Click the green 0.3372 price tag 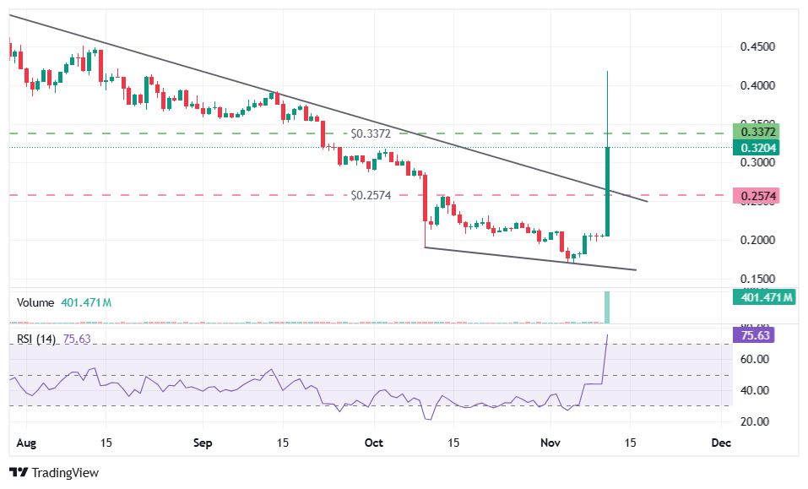click(x=757, y=133)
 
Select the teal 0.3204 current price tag click(x=757, y=148)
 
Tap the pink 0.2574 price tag click(x=757, y=196)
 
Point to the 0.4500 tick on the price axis click(x=757, y=47)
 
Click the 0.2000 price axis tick click(x=757, y=241)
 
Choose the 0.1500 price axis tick click(x=757, y=279)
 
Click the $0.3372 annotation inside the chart click(x=372, y=133)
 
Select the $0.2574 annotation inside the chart click(x=372, y=195)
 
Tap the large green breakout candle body click(x=607, y=192)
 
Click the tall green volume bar click(x=607, y=307)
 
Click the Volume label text click(x=35, y=302)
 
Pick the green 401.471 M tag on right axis click(x=765, y=297)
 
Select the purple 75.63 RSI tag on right click(x=756, y=335)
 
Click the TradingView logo click(x=54, y=473)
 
